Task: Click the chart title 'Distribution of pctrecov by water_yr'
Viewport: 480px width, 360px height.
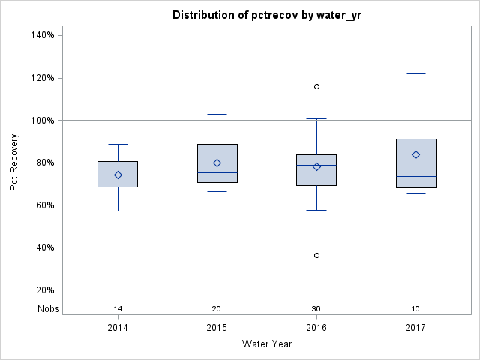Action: coord(266,15)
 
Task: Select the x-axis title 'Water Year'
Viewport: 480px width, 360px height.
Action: coord(266,343)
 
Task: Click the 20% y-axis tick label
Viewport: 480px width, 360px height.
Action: coord(43,290)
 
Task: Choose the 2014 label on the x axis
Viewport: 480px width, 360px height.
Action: coord(118,328)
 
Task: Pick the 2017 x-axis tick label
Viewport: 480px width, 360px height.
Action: coord(415,328)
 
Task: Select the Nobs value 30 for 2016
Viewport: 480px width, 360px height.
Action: coord(316,308)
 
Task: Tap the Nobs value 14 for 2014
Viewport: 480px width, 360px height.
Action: coord(118,308)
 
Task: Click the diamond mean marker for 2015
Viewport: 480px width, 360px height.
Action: coord(217,163)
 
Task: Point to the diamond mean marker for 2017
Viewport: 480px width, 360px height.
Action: coord(415,154)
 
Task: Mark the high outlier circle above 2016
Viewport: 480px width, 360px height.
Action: coord(316,86)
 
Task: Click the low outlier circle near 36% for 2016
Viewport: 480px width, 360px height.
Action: coord(316,255)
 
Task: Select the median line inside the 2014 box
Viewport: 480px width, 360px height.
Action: coord(118,178)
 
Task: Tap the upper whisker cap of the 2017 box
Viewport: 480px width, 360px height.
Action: coord(415,73)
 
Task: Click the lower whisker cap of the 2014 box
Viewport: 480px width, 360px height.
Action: coord(118,211)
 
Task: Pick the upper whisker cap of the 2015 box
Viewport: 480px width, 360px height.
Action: coord(217,114)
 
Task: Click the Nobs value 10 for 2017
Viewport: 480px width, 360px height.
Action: coord(415,308)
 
